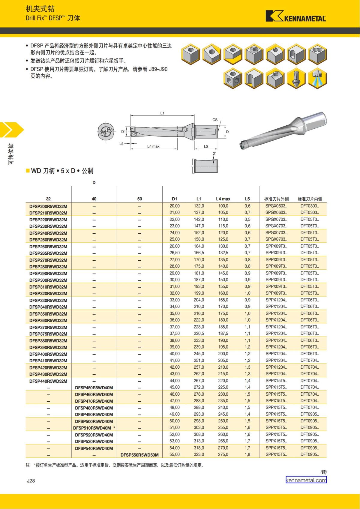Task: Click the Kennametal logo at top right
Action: pyautogui.click(x=295, y=16)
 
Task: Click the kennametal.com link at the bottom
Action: pyautogui.click(x=306, y=480)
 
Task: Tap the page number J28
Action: pyautogui.click(x=31, y=481)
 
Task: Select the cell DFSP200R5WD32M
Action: pyautogui.click(x=48, y=206)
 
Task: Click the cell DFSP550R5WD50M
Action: pyautogui.click(x=139, y=455)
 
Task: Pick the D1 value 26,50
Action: pyautogui.click(x=175, y=253)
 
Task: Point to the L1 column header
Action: pyautogui.click(x=199, y=199)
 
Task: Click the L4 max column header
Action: pyautogui.click(x=223, y=199)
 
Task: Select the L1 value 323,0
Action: pyautogui.click(x=199, y=454)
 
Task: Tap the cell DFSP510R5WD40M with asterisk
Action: pyautogui.click(x=94, y=428)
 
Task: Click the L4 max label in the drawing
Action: pyautogui.click(x=153, y=146)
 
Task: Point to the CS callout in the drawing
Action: pyautogui.click(x=215, y=120)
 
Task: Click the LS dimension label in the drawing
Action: pyautogui.click(x=206, y=146)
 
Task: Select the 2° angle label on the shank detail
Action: pyautogui.click(x=214, y=154)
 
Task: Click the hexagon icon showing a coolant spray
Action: pyautogui.click(x=317, y=79)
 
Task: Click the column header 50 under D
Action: pyautogui.click(x=139, y=199)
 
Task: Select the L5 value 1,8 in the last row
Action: pyautogui.click(x=247, y=454)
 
